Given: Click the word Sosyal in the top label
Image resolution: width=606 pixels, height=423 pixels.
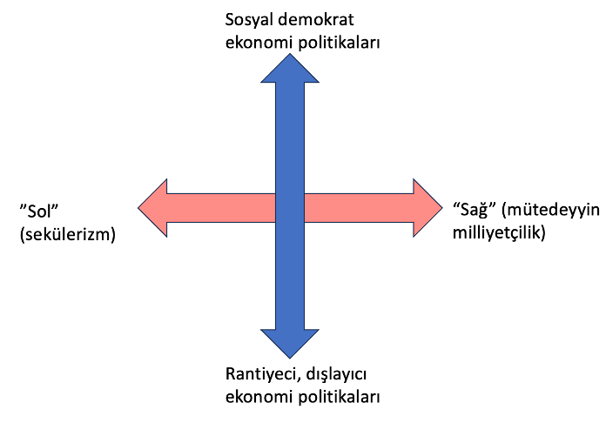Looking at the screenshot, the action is pyautogui.click(x=247, y=20).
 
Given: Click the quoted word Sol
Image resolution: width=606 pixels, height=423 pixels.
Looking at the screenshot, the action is pyautogui.click(x=39, y=211).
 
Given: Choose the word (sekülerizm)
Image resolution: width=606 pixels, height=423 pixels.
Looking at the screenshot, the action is pyautogui.click(x=68, y=234).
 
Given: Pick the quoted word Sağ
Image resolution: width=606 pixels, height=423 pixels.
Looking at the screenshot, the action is pyautogui.click(x=475, y=211).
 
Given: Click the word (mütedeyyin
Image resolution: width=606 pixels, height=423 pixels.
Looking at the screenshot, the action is pyautogui.click(x=550, y=211).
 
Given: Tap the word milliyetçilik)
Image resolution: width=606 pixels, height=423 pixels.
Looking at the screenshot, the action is pyautogui.click(x=499, y=233).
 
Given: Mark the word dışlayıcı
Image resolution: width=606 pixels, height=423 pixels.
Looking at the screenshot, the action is pyautogui.click(x=336, y=375).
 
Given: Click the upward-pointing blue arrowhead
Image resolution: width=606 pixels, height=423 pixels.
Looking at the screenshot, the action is pyautogui.click(x=290, y=68).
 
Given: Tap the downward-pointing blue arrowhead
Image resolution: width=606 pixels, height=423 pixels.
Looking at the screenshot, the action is pyautogui.click(x=290, y=344).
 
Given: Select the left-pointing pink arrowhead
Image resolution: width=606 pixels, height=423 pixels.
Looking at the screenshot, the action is pyautogui.click(x=152, y=208).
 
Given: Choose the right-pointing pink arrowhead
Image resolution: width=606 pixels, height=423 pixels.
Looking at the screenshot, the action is pyautogui.click(x=428, y=208).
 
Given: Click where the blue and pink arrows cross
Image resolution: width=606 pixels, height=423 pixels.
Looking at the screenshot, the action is pyautogui.click(x=290, y=208).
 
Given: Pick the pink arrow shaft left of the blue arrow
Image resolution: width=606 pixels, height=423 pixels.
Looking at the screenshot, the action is pyautogui.click(x=221, y=208).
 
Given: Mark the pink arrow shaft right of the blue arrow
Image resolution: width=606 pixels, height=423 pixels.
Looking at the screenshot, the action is pyautogui.click(x=359, y=208).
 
